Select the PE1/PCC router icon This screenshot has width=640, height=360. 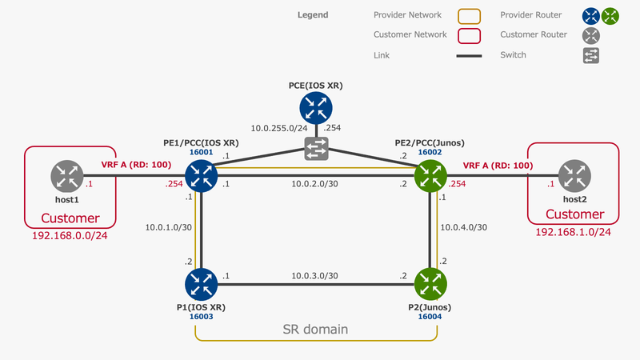201,175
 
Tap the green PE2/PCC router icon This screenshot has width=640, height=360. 430,175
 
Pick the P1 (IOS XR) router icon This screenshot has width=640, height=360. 201,283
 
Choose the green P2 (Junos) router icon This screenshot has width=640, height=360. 430,283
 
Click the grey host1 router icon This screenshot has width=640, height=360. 66,175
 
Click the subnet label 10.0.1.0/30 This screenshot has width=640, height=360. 165,227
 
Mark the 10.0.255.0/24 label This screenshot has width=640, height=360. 279,128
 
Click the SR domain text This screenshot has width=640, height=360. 316,329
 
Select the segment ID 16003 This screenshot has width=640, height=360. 201,316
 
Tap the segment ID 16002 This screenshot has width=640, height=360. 430,151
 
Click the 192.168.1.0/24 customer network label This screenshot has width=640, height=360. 573,233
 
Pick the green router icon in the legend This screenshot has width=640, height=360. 611,15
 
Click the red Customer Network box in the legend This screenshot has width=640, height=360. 469,35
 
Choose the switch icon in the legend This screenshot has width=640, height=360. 591,55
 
